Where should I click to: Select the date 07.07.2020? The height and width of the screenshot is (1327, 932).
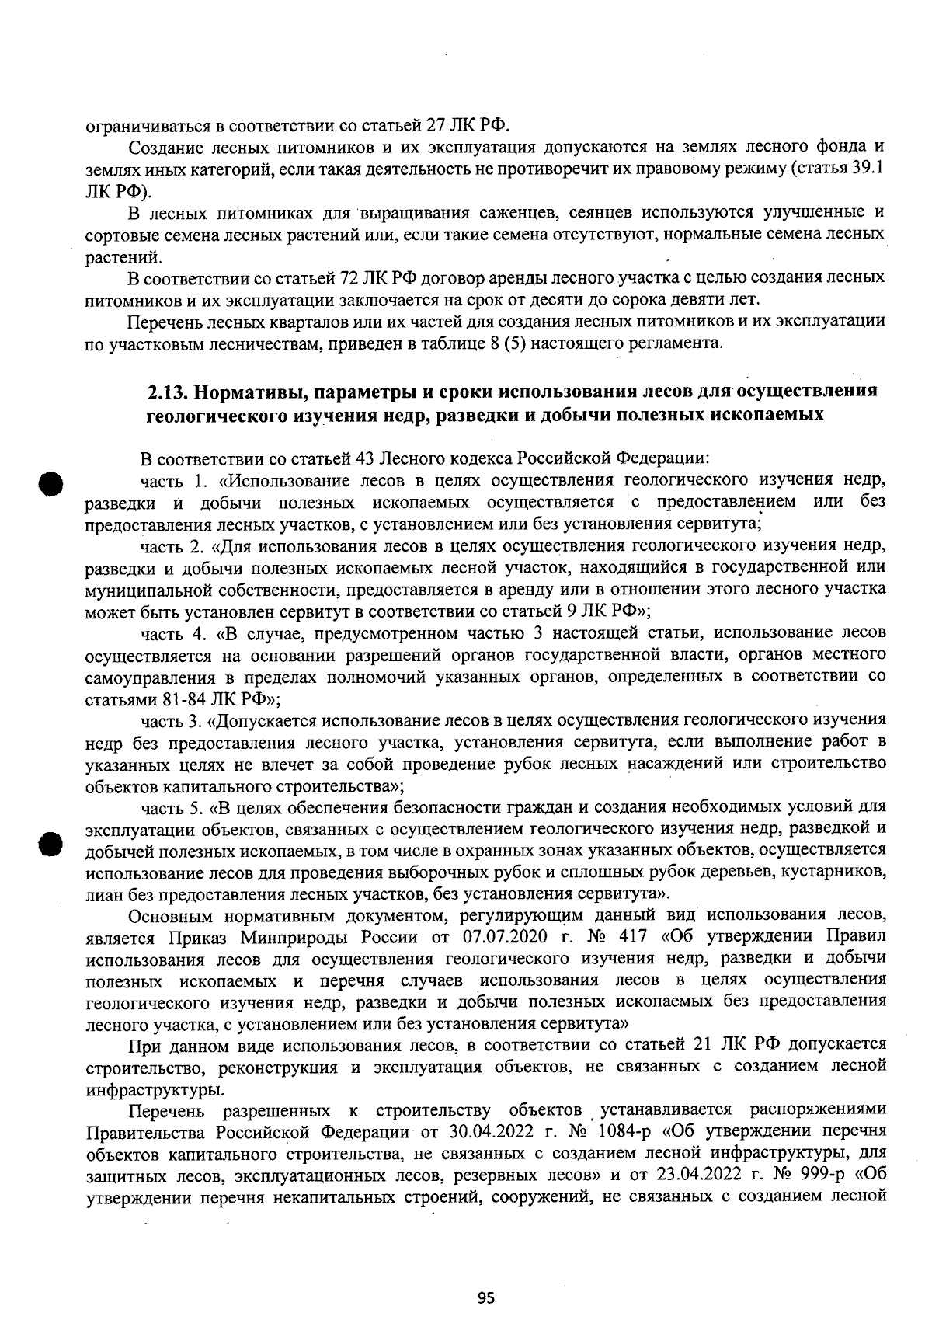pos(505,935)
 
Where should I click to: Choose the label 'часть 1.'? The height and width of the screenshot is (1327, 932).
pos(175,479)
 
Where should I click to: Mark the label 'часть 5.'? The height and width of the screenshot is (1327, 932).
pos(175,806)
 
